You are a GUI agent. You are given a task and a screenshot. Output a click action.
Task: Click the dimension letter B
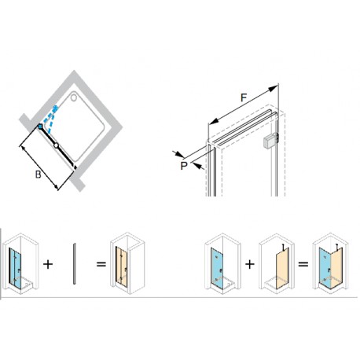tap(39, 174)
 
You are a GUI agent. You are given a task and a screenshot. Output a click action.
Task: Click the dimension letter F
tap(244, 97)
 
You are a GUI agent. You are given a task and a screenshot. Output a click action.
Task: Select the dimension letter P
tap(184, 166)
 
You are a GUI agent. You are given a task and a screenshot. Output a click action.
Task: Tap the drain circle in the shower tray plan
tap(74, 97)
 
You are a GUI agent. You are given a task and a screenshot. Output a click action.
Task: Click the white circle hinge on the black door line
tap(56, 145)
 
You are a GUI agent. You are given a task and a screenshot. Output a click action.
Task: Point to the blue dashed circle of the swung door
tap(55, 108)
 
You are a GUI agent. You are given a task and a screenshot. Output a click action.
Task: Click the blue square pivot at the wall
tap(40, 127)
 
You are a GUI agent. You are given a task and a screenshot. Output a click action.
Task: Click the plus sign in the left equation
tap(48, 264)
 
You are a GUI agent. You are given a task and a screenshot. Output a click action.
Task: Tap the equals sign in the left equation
tap(101, 264)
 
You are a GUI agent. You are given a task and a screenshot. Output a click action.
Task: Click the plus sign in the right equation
tap(250, 264)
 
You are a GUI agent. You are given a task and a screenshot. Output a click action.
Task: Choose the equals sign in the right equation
tap(303, 264)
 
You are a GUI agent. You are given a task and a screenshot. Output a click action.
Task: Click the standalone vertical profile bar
tap(75, 263)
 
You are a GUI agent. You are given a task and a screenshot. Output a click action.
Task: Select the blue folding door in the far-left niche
tap(15, 268)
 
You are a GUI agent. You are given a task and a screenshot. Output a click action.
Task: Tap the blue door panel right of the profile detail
tap(217, 268)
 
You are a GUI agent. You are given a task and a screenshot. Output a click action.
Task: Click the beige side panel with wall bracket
tap(283, 267)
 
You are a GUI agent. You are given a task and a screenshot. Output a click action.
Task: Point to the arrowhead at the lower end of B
tap(56, 186)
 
